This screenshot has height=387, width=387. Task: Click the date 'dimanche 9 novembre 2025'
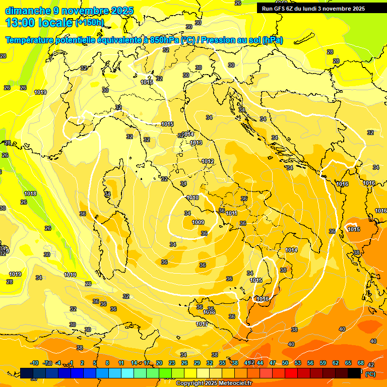[x=69, y=11]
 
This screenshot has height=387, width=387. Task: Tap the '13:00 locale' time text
[x=38, y=22]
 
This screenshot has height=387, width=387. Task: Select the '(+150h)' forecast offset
[x=89, y=23]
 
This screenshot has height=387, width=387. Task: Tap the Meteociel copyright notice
[x=214, y=383]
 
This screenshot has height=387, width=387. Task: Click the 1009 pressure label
[x=198, y=222]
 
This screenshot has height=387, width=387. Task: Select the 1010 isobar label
[x=192, y=198]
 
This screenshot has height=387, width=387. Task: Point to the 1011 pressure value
[x=232, y=214]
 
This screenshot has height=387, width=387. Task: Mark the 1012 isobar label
[x=208, y=161]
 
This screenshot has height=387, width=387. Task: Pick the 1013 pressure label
[x=196, y=143]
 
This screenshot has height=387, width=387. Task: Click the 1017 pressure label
[x=202, y=324]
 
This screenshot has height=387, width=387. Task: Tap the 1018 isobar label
[x=30, y=193]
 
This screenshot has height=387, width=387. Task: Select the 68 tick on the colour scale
[x=361, y=363]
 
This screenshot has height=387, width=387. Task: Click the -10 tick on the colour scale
[x=34, y=363]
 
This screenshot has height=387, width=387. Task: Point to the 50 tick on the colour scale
[x=285, y=363]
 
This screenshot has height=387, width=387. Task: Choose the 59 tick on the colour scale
[x=323, y=363]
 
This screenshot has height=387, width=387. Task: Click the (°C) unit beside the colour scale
[x=370, y=374]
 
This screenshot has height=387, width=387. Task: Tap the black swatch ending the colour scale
[x=354, y=373]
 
